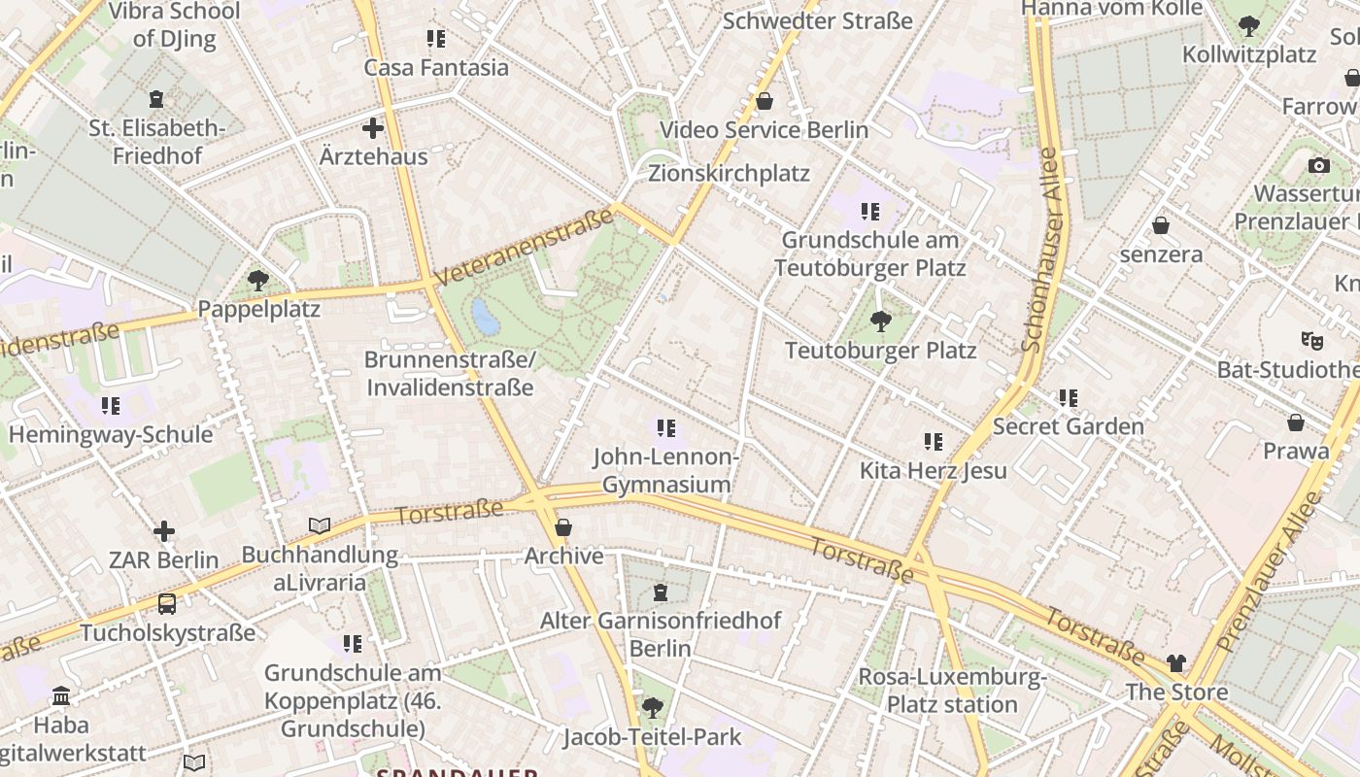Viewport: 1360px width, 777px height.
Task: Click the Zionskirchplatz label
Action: click(x=729, y=174)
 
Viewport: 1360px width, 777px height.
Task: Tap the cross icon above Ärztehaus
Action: click(x=373, y=128)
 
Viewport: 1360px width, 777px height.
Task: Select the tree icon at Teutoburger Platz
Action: click(x=881, y=321)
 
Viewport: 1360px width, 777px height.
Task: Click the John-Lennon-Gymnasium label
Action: click(x=666, y=470)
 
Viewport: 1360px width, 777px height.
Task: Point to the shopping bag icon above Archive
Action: click(x=563, y=528)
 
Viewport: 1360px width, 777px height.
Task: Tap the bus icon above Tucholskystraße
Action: click(x=167, y=604)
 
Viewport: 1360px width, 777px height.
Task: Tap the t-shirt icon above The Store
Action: click(x=1176, y=663)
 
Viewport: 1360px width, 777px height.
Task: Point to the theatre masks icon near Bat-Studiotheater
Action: click(x=1312, y=340)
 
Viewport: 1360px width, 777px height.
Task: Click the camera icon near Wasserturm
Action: click(x=1318, y=166)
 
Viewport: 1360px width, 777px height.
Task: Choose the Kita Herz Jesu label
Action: click(x=933, y=471)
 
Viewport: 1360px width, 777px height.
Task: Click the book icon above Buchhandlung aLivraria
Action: click(x=320, y=526)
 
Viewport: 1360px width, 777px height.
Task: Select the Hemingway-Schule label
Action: click(x=111, y=434)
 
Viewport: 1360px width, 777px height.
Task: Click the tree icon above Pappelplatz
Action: click(x=258, y=282)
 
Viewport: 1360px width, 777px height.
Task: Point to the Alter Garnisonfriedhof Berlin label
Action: click(x=661, y=634)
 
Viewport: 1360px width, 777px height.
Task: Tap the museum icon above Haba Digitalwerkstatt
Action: click(x=62, y=696)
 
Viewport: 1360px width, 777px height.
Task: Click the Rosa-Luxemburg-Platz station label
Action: click(x=952, y=691)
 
